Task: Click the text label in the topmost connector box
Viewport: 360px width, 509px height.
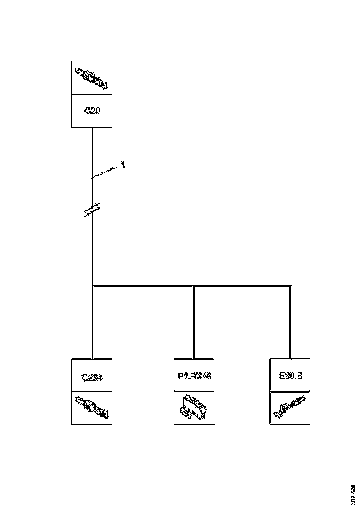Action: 92,111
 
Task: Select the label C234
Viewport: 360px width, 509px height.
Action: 92,377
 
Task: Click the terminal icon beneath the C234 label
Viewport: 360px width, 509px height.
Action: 92,407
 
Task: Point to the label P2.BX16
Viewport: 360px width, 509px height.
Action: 194,376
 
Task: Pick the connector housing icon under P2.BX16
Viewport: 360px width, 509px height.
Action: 194,407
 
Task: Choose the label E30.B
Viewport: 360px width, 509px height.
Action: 290,376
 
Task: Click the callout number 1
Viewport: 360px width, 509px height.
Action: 123,164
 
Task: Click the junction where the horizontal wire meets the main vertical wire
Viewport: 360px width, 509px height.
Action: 93,286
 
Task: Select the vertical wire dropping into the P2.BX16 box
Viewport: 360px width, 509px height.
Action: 194,324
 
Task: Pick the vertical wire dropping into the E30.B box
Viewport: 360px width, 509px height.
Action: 290,324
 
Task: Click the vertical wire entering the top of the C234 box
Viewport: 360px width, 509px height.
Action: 93,333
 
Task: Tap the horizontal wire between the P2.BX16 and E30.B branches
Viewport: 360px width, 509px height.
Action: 242,286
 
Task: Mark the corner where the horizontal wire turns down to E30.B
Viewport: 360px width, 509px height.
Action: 290,286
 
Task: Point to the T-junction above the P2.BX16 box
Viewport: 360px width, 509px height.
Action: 194,286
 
